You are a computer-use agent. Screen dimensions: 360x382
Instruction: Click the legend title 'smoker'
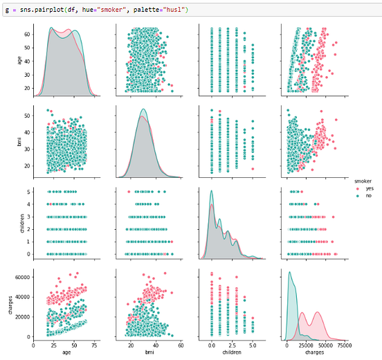click(362, 181)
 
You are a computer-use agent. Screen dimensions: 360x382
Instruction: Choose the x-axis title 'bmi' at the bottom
click(147, 353)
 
